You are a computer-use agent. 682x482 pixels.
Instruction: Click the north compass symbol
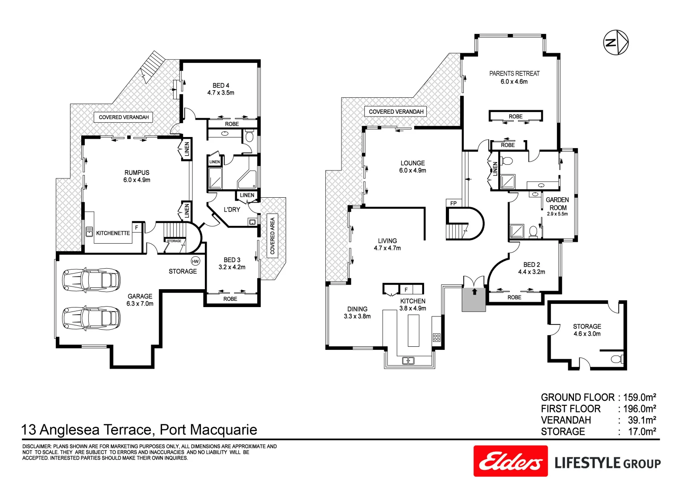tap(616, 43)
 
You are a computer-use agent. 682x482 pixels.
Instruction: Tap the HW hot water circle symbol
tap(195, 261)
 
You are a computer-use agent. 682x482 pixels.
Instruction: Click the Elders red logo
tap(510, 461)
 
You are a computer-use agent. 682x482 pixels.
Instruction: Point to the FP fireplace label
tap(453, 204)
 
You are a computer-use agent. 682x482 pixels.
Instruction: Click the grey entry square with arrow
tap(474, 299)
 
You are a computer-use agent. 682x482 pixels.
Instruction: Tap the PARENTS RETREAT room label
tap(514, 74)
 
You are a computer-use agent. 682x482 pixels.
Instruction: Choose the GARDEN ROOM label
tap(557, 204)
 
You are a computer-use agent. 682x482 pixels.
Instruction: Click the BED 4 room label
tap(221, 85)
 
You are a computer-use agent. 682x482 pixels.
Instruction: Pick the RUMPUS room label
tap(137, 173)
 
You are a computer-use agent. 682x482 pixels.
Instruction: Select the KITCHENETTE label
tap(113, 233)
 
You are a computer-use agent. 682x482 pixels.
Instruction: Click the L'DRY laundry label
tap(232, 209)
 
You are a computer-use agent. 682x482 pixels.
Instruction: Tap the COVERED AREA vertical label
tap(272, 236)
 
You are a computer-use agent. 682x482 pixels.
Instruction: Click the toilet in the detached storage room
tap(617, 359)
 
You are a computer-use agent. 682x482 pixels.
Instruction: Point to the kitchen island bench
tap(414, 330)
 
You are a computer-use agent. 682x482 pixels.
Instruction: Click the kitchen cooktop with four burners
tap(437, 337)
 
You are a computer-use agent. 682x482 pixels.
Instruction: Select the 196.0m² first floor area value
tap(639, 409)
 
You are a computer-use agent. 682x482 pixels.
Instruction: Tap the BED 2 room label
tap(531, 265)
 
